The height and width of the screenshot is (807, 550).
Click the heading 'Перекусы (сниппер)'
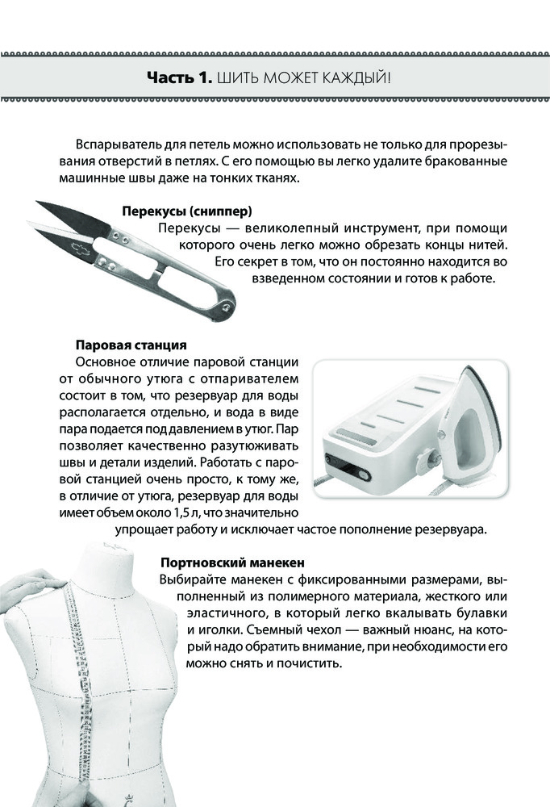pyautogui.click(x=187, y=211)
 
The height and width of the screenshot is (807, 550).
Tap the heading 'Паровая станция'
pyautogui.click(x=131, y=345)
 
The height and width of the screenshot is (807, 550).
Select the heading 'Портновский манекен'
pyautogui.click(x=232, y=562)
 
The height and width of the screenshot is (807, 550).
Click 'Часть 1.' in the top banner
pyautogui.click(x=180, y=78)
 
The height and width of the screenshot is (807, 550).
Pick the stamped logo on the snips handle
pyautogui.click(x=81, y=249)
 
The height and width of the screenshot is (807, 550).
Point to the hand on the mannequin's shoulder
pyautogui.click(x=32, y=587)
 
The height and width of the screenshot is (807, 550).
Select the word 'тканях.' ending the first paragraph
pyautogui.click(x=278, y=178)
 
